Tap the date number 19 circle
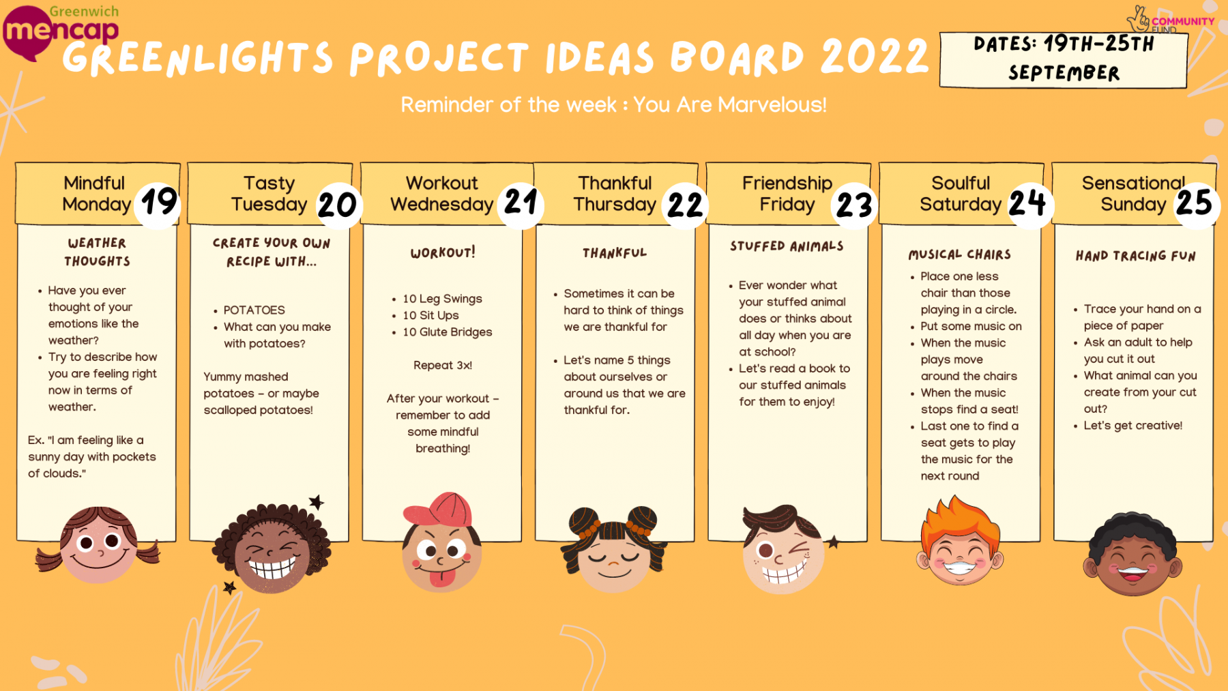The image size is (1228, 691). [158, 203]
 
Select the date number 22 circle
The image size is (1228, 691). [685, 204]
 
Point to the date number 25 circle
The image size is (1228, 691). [1195, 203]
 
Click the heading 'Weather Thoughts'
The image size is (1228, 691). [98, 252]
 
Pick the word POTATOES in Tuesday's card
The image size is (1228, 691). [254, 310]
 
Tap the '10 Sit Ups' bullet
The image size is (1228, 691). [430, 315]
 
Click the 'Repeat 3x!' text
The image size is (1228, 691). [443, 365]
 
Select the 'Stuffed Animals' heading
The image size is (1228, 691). [787, 246]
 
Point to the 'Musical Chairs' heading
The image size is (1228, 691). [960, 254]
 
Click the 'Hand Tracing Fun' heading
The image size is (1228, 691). [1136, 256]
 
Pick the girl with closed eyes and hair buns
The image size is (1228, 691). [613, 549]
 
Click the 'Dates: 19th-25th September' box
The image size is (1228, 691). [1064, 59]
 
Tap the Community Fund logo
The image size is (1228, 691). [1170, 20]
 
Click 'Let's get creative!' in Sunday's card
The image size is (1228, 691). [1133, 425]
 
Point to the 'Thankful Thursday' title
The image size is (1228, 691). [615, 194]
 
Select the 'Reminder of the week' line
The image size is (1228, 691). [613, 105]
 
